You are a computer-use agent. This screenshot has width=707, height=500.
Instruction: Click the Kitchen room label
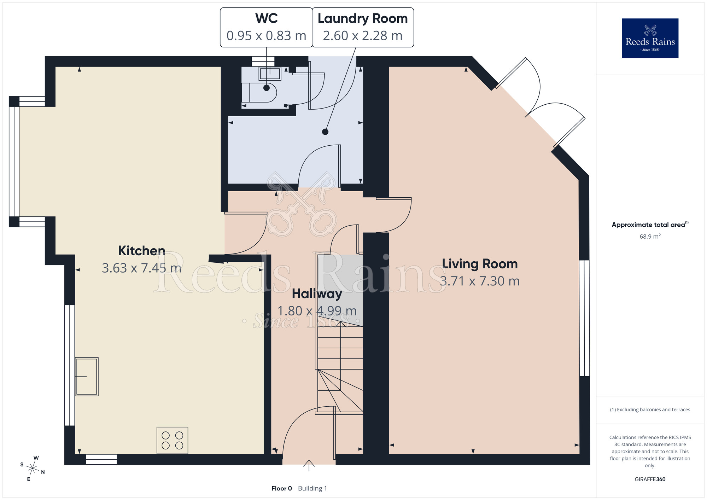tap(141, 251)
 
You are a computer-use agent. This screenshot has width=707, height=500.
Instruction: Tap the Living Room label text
tap(480, 264)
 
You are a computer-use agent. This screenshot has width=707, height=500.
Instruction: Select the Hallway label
tap(317, 294)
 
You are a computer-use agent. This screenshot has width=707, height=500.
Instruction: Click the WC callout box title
tap(267, 18)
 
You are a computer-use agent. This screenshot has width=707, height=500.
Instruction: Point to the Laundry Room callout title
tap(363, 18)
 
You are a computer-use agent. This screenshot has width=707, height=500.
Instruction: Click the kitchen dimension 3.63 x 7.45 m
tap(141, 268)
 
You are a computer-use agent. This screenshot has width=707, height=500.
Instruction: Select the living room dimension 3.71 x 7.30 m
tap(480, 281)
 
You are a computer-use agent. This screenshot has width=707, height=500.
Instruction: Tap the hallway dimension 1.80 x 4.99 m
tap(317, 311)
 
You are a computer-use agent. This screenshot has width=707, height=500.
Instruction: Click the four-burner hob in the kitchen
tap(173, 440)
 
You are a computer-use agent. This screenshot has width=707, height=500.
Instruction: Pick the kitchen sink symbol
tap(87, 377)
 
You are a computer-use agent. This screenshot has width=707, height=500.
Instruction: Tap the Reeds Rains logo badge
tap(650, 38)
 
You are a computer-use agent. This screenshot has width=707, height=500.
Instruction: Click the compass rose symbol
tap(33, 469)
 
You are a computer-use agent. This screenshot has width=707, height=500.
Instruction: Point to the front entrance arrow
tap(309, 466)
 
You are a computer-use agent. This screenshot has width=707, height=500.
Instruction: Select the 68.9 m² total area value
tap(650, 236)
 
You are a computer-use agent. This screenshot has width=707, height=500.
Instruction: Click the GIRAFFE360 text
tap(650, 479)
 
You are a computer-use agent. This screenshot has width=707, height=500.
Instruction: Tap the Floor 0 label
tap(282, 488)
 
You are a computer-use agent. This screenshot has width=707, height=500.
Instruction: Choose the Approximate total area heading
tap(650, 225)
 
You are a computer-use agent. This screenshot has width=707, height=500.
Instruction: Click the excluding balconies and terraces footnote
tap(650, 409)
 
